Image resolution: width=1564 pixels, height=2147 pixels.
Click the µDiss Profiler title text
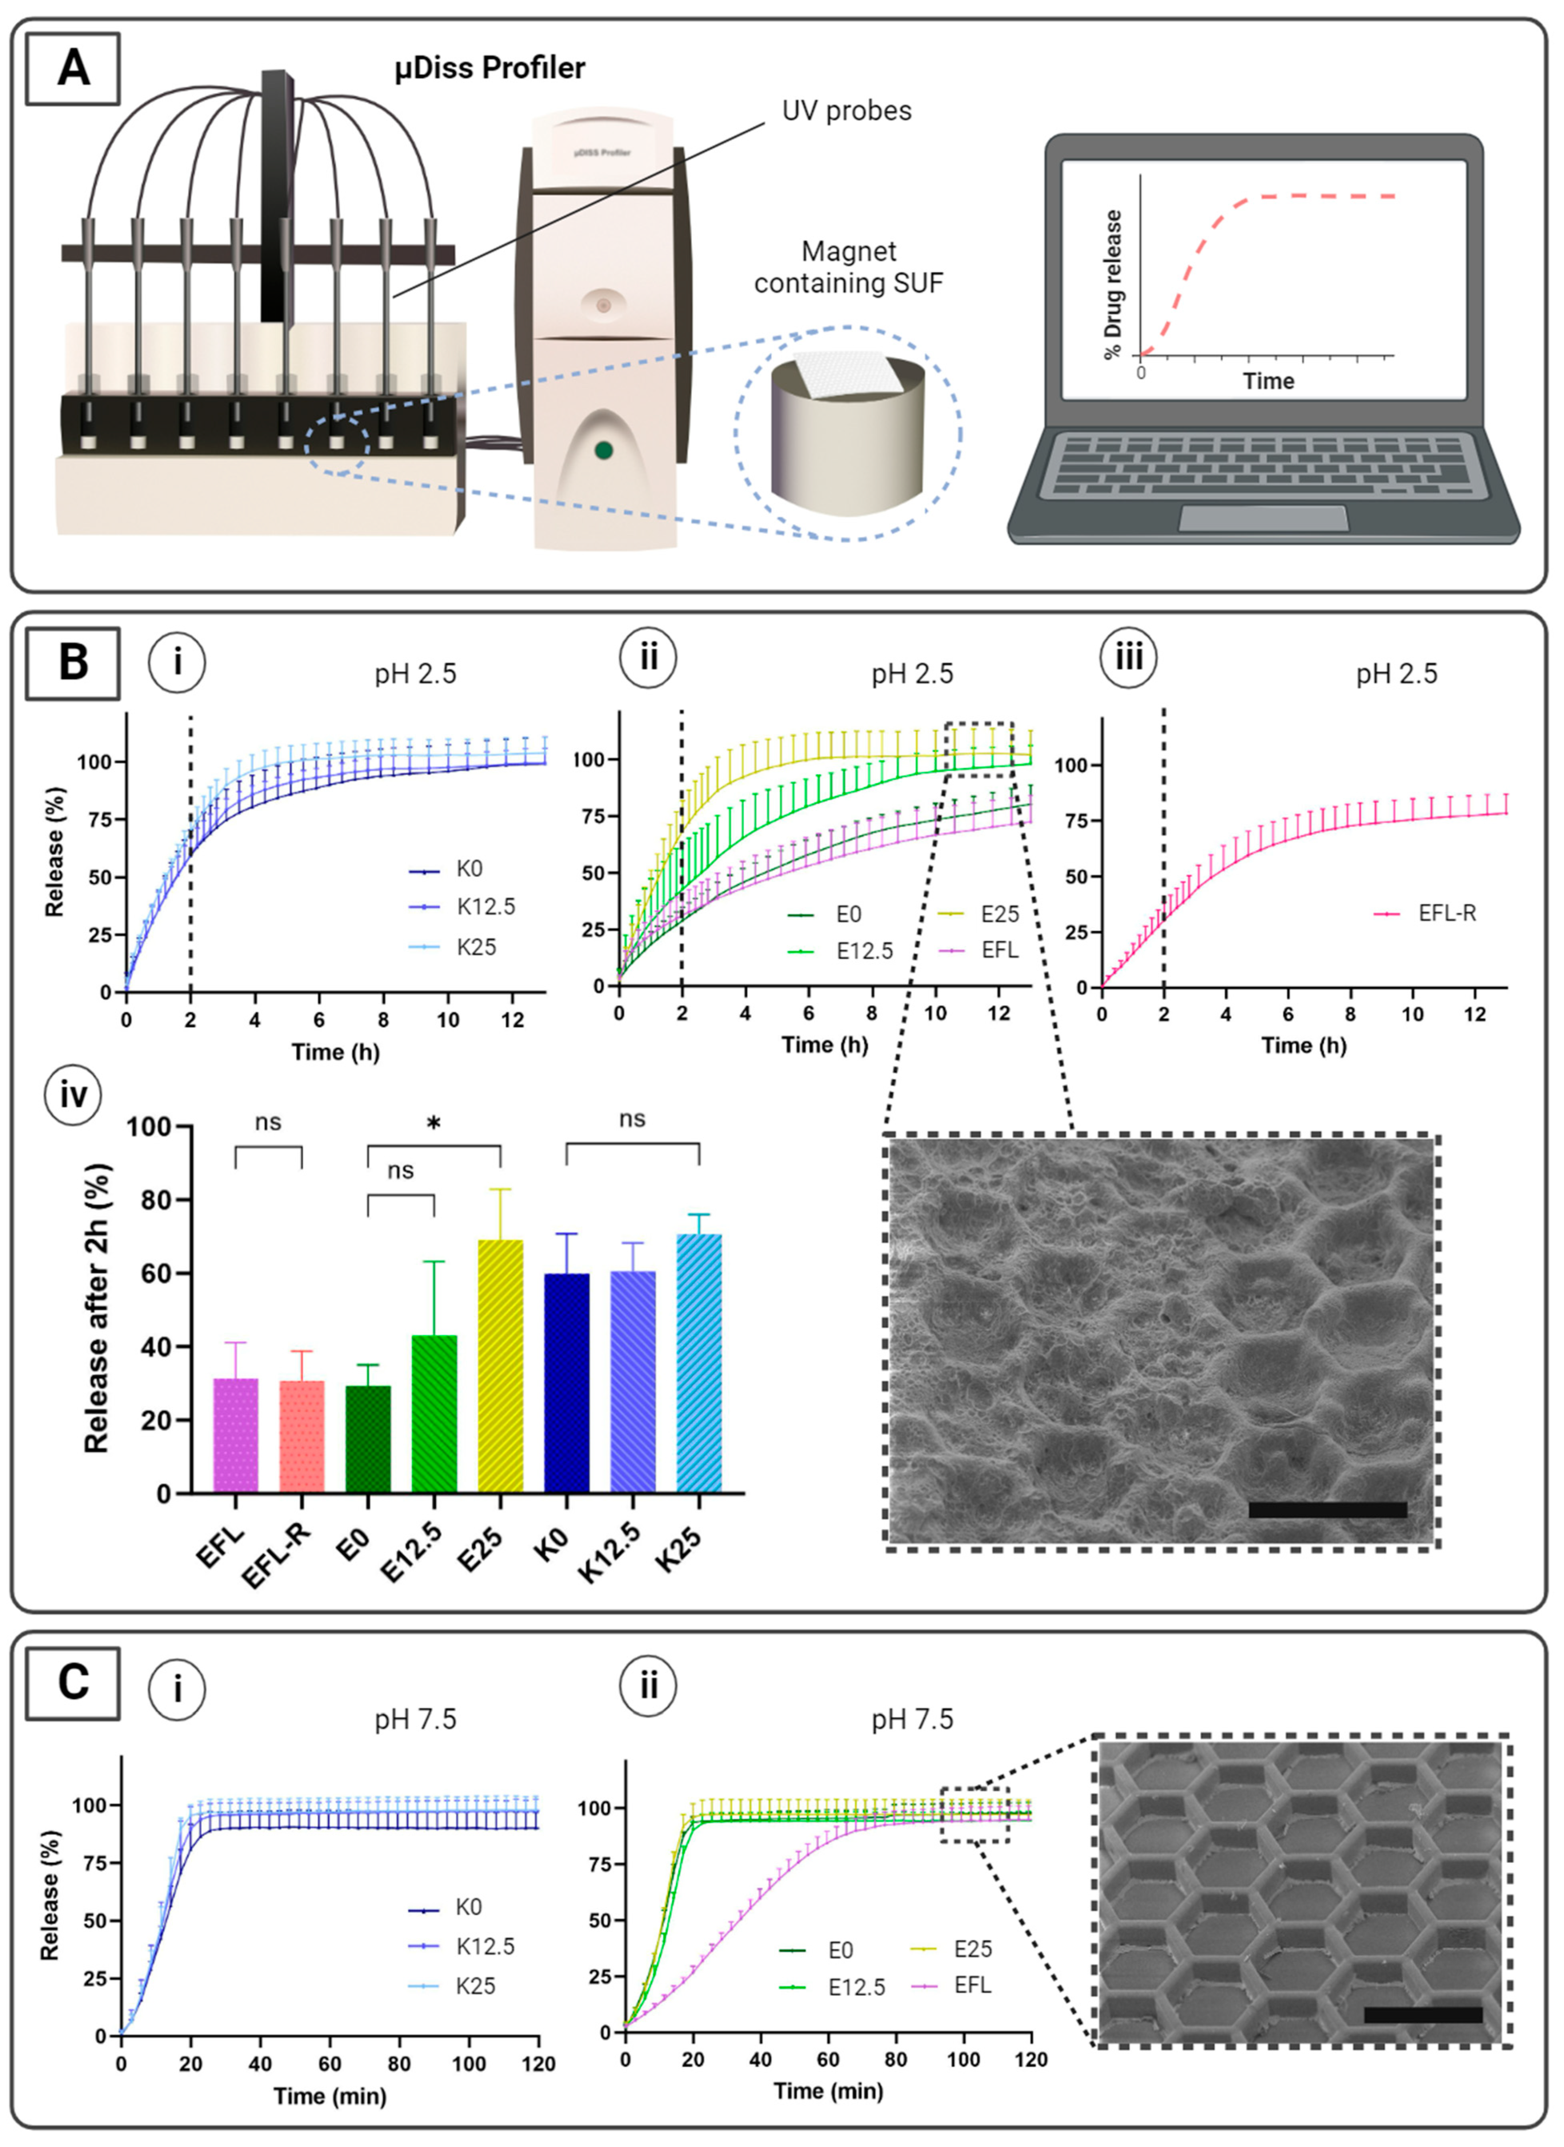coord(489,68)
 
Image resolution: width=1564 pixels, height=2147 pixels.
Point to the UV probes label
coord(846,111)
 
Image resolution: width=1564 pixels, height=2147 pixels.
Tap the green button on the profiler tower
coord(603,450)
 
